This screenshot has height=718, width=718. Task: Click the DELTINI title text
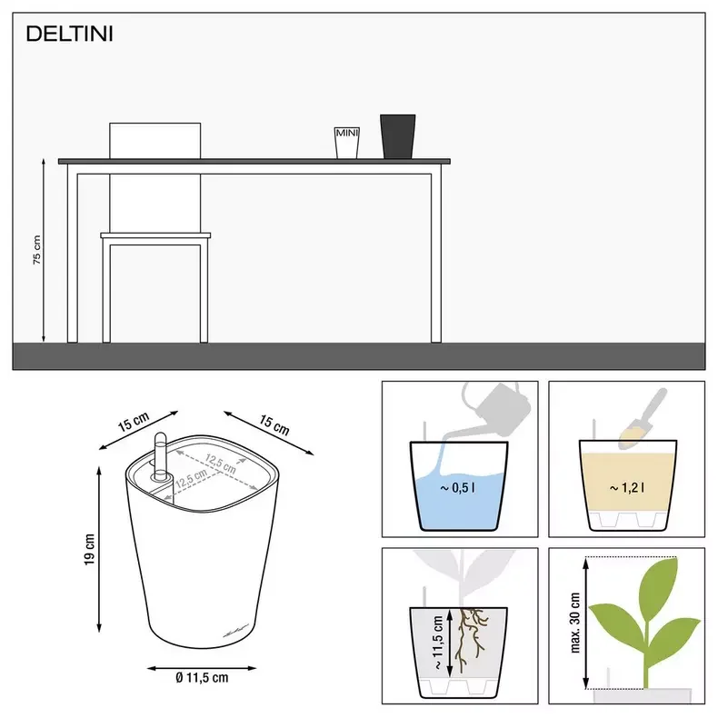tap(69, 35)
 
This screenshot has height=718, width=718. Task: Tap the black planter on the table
tap(397, 135)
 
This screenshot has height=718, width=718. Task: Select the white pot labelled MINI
tap(346, 142)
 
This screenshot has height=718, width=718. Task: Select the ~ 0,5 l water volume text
tap(459, 487)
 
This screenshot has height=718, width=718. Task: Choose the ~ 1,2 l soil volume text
tap(627, 488)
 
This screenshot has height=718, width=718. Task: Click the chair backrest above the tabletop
tap(155, 140)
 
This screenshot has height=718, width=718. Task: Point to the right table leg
tap(436, 254)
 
